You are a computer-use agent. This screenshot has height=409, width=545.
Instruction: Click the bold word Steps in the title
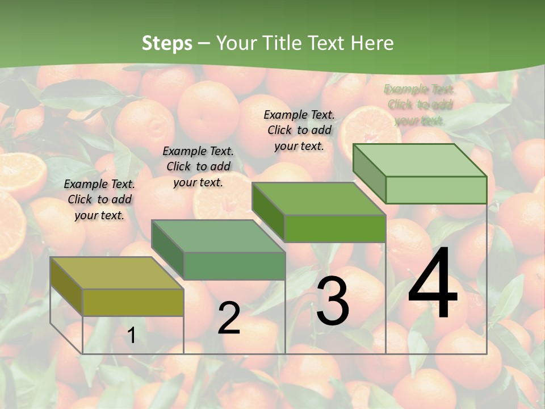166,43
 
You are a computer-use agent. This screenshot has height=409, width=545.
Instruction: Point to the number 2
229,318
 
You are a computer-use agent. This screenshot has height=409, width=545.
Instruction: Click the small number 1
131,336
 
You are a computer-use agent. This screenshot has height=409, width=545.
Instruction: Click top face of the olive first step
116,273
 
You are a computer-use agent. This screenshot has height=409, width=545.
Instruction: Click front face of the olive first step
133,302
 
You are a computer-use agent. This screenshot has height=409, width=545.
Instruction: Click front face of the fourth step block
436,190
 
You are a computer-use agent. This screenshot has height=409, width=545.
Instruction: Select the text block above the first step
99,199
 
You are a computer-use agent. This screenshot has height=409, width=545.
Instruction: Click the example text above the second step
198,166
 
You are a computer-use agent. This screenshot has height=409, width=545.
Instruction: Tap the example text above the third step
299,130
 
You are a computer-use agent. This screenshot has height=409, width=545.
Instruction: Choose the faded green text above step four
420,105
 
